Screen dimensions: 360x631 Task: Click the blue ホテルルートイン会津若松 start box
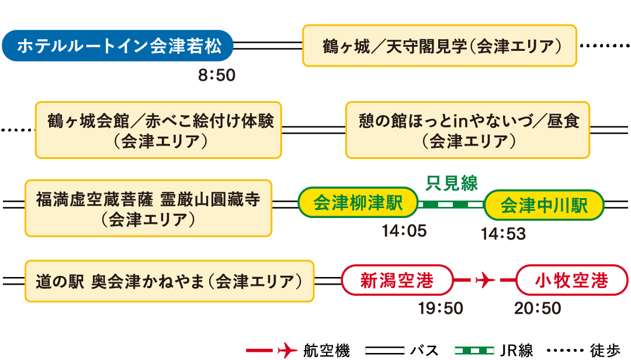click(x=117, y=46)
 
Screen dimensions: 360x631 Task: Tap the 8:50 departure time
click(x=216, y=75)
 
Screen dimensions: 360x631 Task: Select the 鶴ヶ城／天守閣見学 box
click(x=439, y=46)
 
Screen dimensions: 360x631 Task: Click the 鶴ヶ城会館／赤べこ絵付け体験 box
click(x=158, y=130)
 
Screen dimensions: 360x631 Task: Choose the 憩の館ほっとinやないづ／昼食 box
click(x=467, y=130)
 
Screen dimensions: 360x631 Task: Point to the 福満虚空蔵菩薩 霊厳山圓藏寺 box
click(x=148, y=207)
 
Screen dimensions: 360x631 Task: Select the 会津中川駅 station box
click(x=543, y=205)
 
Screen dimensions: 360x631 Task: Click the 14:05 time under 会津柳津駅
click(x=404, y=231)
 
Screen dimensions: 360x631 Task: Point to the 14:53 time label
click(x=503, y=234)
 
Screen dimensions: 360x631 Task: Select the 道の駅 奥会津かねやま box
click(x=169, y=282)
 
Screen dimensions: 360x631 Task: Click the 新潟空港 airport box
click(x=397, y=281)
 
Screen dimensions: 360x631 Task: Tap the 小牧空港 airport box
click(x=572, y=281)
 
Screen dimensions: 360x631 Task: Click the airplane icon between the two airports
click(x=485, y=281)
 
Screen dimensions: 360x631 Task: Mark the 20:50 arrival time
click(x=538, y=308)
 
